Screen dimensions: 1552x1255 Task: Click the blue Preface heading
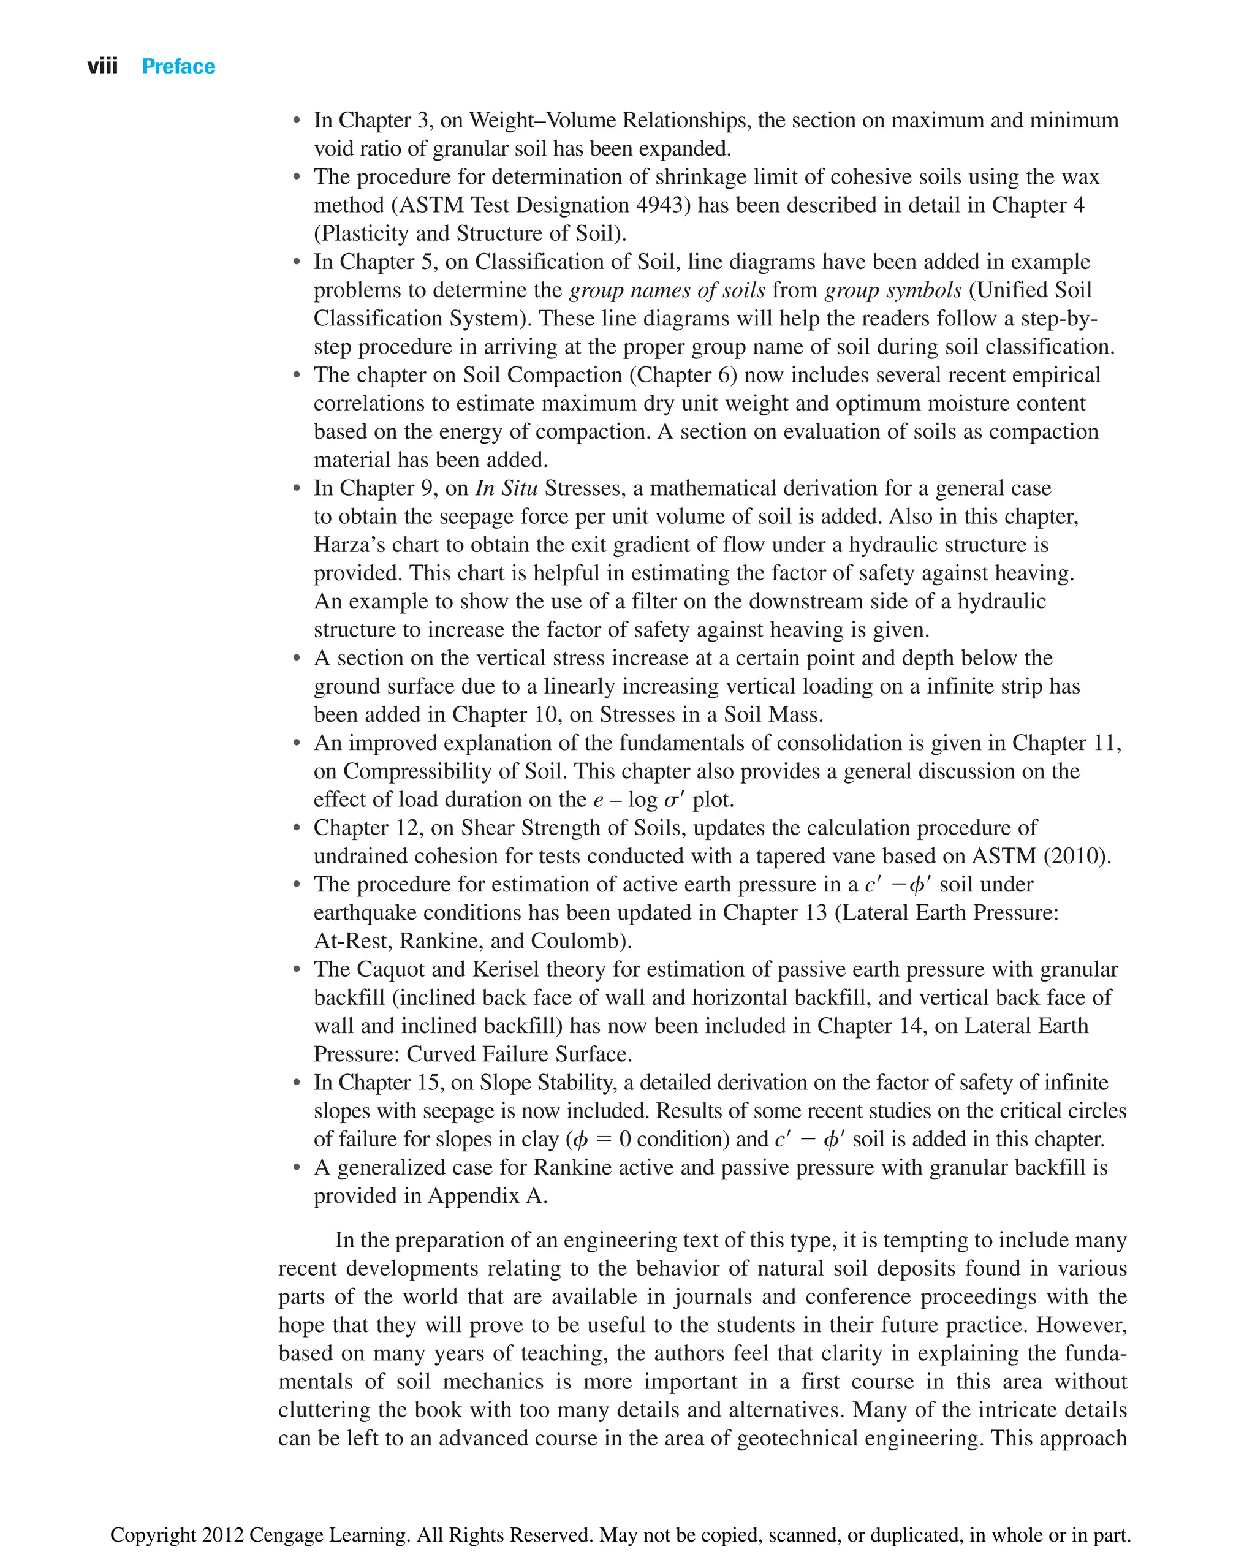178,67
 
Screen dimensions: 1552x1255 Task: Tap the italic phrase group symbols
893,290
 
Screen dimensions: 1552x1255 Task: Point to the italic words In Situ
506,489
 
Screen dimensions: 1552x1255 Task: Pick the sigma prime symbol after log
674,800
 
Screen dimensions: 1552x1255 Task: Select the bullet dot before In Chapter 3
297,121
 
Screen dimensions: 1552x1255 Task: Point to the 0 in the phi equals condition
624,1139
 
